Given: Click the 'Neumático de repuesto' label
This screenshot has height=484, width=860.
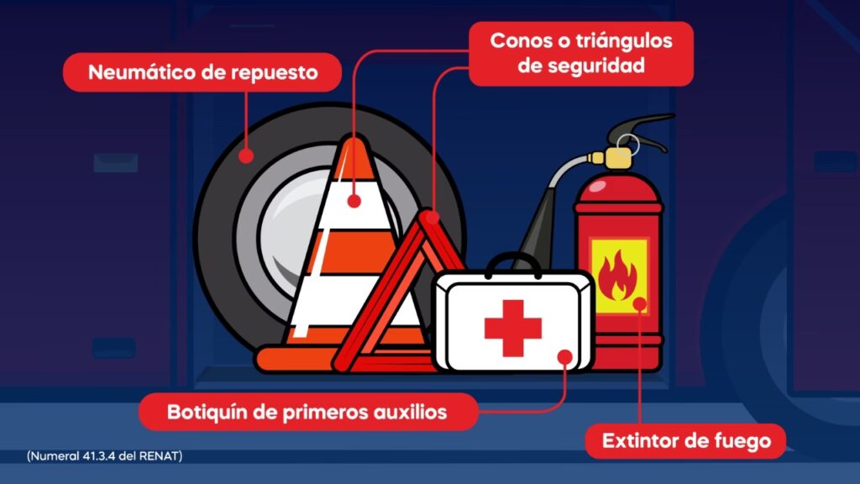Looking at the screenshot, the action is [202, 72].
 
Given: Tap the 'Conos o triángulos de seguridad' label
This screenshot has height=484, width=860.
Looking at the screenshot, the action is [581, 53].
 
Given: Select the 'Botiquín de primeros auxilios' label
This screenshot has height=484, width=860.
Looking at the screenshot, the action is [307, 412].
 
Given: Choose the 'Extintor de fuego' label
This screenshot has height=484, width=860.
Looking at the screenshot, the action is [686, 440].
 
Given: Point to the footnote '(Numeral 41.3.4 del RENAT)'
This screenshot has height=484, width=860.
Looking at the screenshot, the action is [105, 456].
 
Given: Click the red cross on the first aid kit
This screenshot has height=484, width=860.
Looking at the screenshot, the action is [513, 329].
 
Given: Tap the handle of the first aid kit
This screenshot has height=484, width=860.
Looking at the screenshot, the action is [513, 263].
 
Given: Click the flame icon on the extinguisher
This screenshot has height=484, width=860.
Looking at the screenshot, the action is [617, 276].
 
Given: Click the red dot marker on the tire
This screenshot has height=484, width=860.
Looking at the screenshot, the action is [246, 155].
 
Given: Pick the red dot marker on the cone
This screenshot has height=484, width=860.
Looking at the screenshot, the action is [354, 201].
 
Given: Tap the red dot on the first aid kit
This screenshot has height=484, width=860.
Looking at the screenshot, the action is [565, 357].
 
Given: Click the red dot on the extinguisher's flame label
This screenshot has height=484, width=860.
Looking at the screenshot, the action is [639, 303].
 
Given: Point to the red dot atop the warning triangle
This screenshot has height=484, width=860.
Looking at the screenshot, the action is [433, 218].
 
